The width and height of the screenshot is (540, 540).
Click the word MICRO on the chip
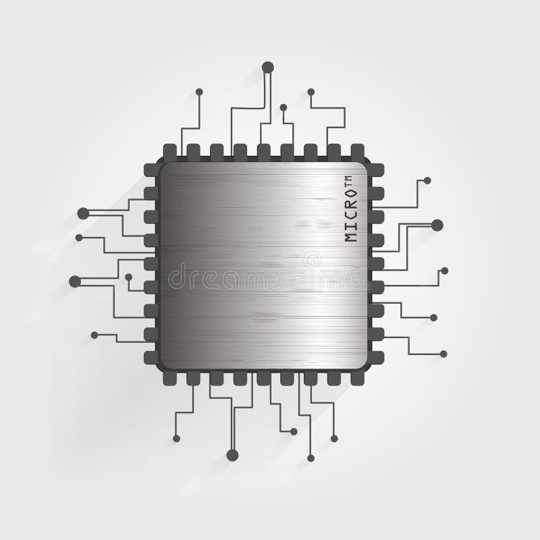tap(350, 215)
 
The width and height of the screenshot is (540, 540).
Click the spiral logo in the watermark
tap(312, 260)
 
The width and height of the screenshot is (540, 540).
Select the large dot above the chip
tap(267, 67)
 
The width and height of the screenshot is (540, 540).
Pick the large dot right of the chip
tap(437, 225)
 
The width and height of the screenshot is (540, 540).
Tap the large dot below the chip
tap(232, 455)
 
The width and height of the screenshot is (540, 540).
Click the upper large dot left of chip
tap(83, 213)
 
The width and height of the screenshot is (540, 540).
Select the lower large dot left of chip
tap(75, 281)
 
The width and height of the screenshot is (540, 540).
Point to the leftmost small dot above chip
tap(199, 92)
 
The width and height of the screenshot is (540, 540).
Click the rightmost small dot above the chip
tap(311, 92)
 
